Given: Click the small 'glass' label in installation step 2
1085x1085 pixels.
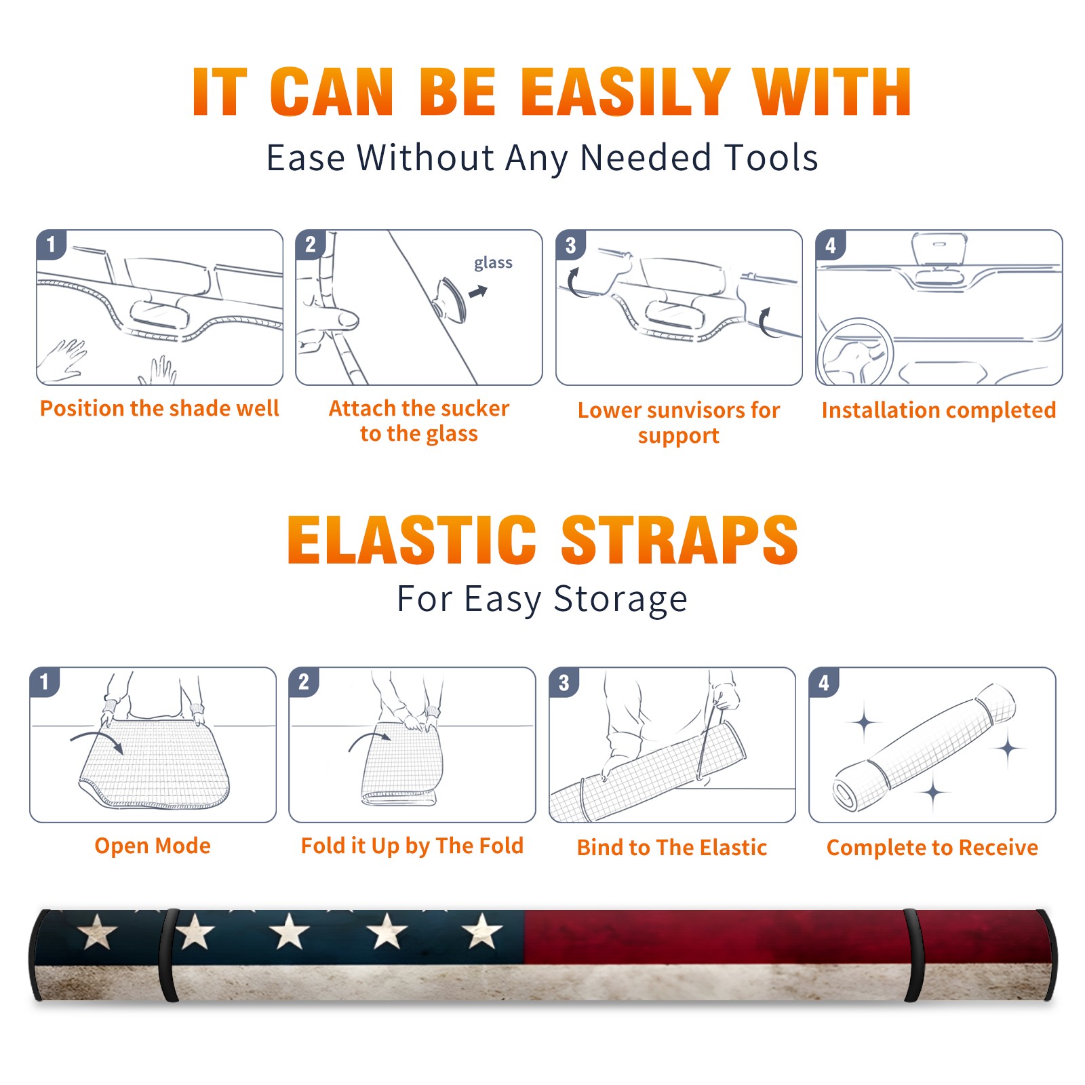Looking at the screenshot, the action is tap(493, 263).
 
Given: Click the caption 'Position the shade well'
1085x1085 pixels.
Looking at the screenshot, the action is tap(159, 408).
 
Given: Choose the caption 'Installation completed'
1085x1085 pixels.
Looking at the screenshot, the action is tap(939, 410).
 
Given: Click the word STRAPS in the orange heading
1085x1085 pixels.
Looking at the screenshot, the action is tap(679, 540).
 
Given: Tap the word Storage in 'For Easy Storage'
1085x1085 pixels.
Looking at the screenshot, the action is tap(620, 599).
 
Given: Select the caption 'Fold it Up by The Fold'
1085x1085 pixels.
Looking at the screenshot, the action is tap(412, 846).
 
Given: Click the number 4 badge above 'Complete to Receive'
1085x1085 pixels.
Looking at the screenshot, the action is tap(824, 682).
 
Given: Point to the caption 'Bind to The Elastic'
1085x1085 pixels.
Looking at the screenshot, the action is tap(672, 848).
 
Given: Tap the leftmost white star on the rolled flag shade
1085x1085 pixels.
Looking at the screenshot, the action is tap(98, 932).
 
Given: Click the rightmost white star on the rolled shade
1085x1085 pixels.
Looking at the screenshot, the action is tap(482, 930).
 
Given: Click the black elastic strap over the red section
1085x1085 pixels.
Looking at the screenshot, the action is tap(913, 955).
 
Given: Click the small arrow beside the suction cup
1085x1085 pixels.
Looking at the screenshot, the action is tap(478, 292).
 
